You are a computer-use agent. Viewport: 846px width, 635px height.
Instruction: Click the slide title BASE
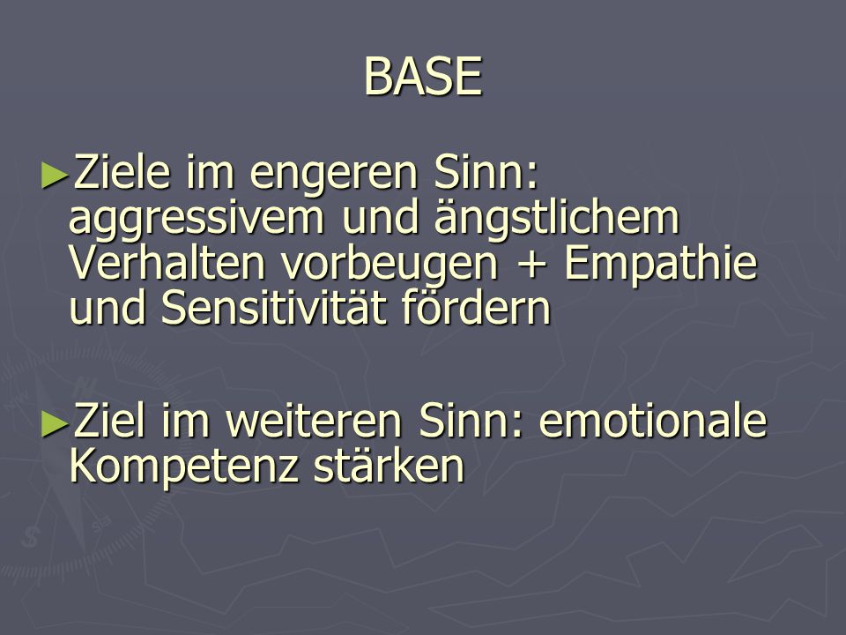[423, 76]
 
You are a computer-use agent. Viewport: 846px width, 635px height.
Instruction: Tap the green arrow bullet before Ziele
[55, 176]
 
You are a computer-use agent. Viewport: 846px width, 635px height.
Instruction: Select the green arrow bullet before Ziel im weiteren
[55, 424]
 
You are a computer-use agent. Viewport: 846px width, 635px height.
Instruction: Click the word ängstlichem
[556, 218]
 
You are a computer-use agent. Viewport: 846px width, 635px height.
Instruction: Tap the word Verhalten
[167, 263]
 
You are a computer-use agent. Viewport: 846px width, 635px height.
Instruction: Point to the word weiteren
[314, 422]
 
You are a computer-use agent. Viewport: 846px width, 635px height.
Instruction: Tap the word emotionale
[652, 422]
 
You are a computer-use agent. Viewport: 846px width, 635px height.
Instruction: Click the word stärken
[389, 465]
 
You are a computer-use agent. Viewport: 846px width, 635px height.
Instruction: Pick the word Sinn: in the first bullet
[486, 172]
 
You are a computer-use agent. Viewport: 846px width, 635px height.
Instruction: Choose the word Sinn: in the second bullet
[471, 422]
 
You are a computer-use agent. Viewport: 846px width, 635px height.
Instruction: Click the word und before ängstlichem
[380, 218]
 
